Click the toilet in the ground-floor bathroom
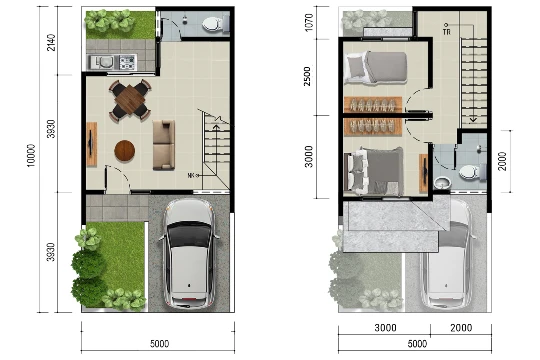click(215, 24)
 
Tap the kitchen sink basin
click(104, 62)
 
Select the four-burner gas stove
click(127, 62)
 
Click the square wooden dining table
click(130, 99)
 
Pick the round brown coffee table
click(125, 151)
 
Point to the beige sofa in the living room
click(164, 145)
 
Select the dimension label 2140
click(51, 42)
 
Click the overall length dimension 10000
click(31, 155)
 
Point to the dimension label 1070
click(309, 22)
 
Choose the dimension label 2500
click(307, 76)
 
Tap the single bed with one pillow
click(376, 68)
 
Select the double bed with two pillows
click(375, 171)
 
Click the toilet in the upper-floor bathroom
click(472, 172)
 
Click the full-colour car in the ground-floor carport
click(189, 253)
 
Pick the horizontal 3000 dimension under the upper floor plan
click(385, 327)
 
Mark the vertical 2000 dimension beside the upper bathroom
click(502, 161)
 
